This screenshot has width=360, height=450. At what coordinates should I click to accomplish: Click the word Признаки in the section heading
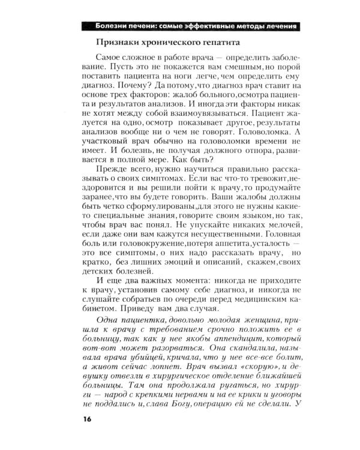[x=121, y=43]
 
